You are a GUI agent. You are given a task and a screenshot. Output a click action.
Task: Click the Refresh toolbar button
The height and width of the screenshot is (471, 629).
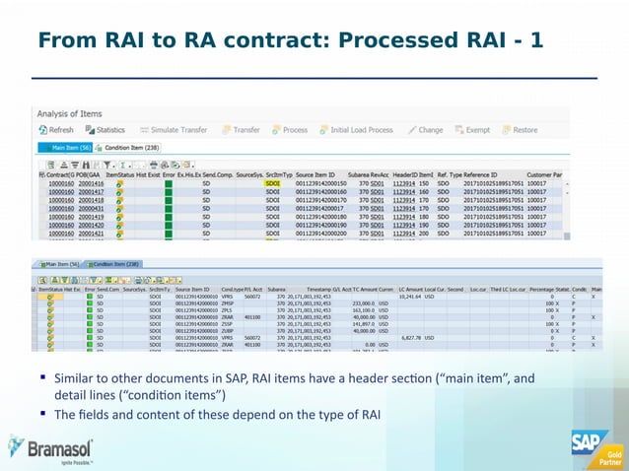click(56, 130)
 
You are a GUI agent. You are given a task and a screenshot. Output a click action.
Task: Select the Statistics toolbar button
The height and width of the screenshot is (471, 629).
click(105, 130)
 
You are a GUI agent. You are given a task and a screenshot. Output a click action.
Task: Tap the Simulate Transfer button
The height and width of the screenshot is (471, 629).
click(175, 130)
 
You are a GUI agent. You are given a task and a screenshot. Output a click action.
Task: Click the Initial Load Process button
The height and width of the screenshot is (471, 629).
click(355, 130)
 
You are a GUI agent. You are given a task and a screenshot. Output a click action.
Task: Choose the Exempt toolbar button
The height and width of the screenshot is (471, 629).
click(473, 130)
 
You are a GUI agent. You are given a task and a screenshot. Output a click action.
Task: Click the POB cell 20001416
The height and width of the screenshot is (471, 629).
click(91, 183)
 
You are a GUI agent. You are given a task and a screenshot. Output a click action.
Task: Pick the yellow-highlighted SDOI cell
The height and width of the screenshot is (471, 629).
click(273, 183)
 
